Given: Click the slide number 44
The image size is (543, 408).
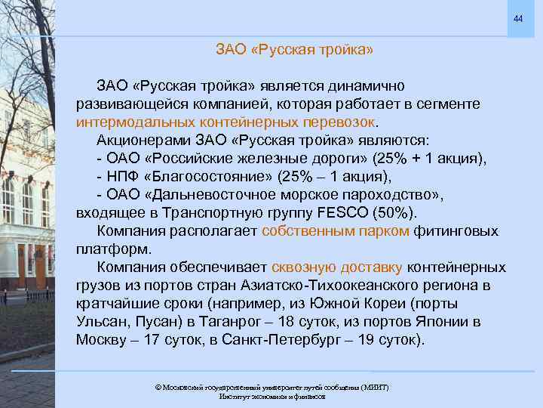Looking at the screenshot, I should point(517,18).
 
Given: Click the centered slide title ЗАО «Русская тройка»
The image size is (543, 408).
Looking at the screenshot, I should point(294,51).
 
